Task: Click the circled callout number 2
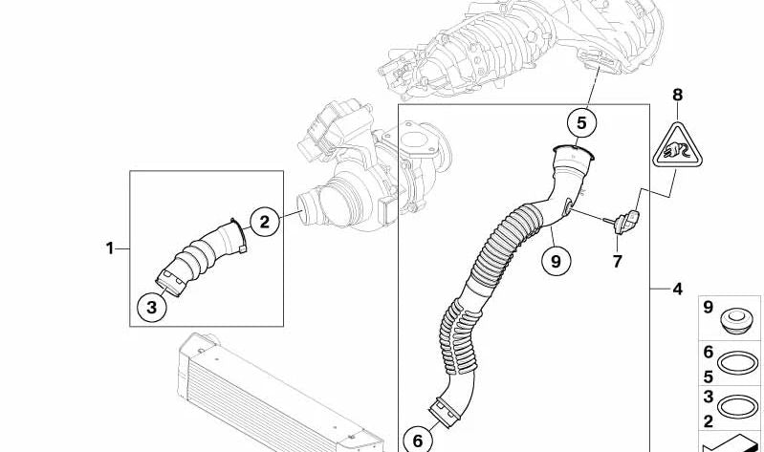[x=264, y=222]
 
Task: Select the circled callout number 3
[x=151, y=308]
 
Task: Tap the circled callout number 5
[x=581, y=123]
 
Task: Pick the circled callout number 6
[x=418, y=441]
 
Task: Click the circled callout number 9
[x=556, y=262]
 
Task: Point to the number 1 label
[x=110, y=248]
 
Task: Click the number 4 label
[x=677, y=290]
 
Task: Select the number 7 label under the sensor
[x=618, y=262]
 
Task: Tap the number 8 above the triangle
[x=678, y=95]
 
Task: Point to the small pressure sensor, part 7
[x=622, y=221]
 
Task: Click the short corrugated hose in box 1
[x=202, y=256]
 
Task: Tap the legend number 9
[x=708, y=308]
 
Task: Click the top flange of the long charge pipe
[x=575, y=154]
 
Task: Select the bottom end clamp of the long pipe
[x=447, y=411]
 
